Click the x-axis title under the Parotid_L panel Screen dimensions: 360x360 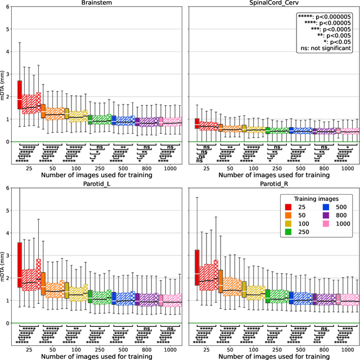pyautogui.click(x=100, y=356)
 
